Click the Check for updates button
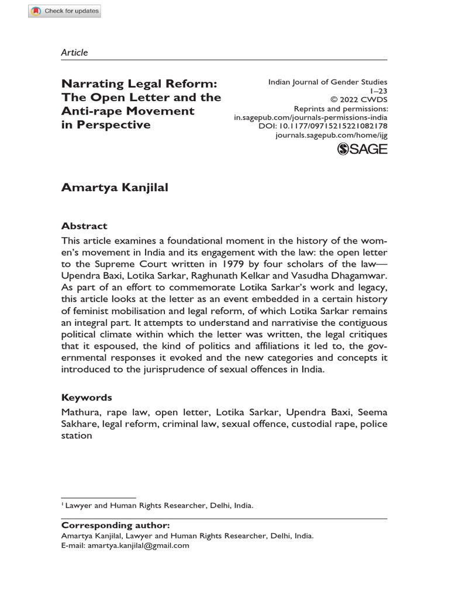65,11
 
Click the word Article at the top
74,53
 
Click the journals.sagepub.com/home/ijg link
331,135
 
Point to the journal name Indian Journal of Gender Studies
327,82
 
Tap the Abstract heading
84,226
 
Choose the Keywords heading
87,398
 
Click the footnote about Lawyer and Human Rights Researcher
158,506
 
